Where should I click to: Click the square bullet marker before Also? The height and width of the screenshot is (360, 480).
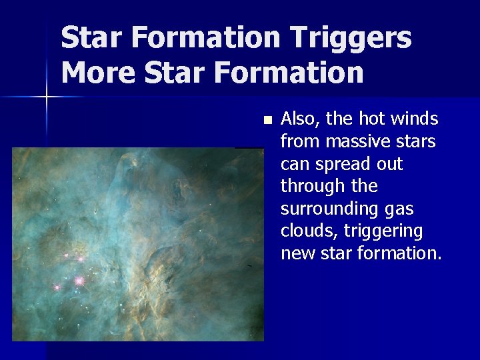pyautogui.click(x=267, y=121)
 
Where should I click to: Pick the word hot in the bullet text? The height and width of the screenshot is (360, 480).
pyautogui.click(x=377, y=119)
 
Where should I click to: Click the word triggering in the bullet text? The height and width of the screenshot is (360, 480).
pyautogui.click(x=383, y=231)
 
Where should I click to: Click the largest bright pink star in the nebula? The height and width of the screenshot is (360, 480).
pyautogui.click(x=79, y=281)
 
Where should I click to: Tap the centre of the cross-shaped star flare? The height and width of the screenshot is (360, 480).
pyautogui.click(x=47, y=97)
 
